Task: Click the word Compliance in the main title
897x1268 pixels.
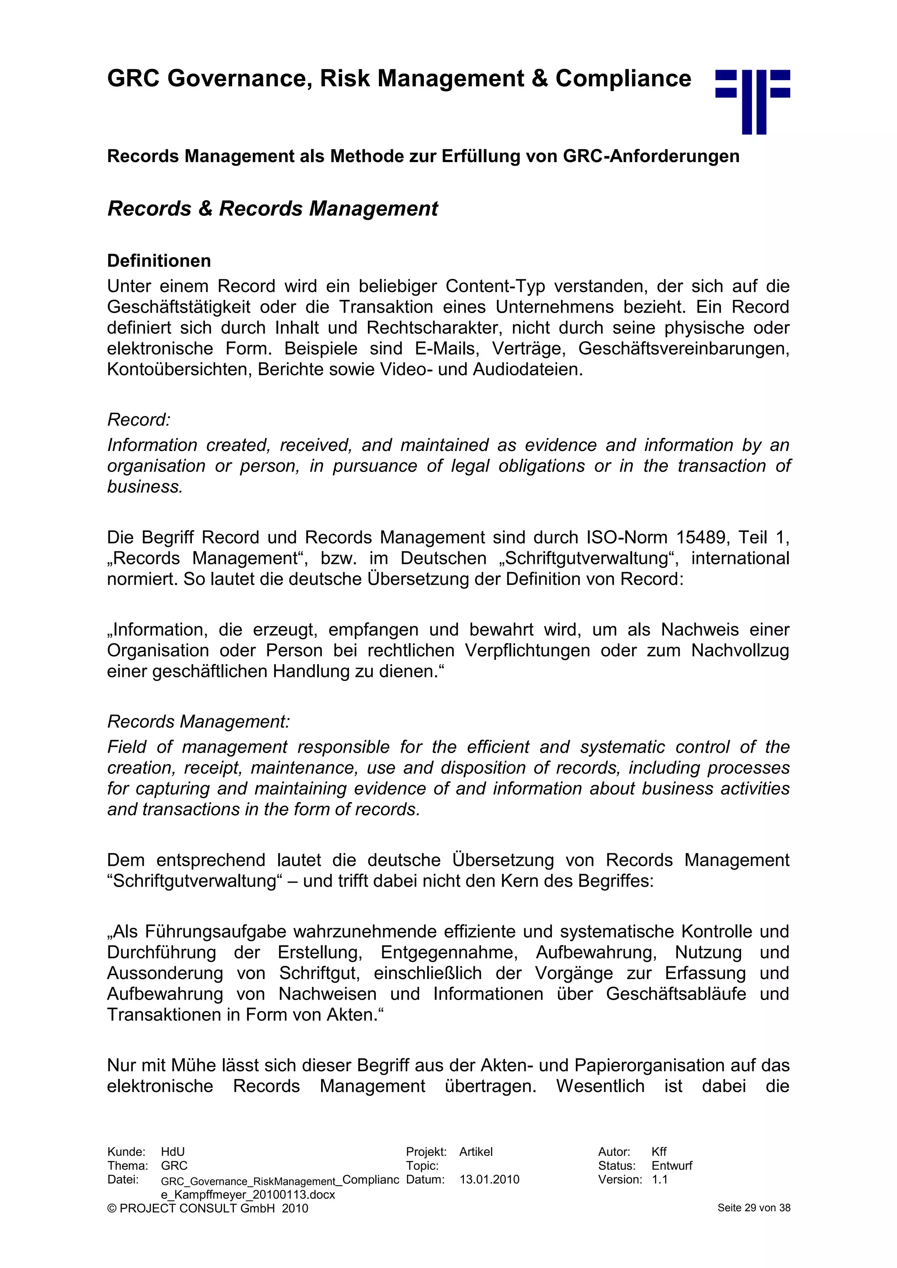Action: click(623, 78)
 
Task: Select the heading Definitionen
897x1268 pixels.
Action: click(159, 261)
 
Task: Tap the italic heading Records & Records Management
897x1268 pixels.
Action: click(272, 209)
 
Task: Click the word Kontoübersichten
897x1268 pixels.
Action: click(180, 369)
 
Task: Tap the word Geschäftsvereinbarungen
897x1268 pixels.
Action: click(683, 349)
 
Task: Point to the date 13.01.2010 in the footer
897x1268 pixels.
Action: click(489, 1180)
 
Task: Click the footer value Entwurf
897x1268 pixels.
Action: click(671, 1166)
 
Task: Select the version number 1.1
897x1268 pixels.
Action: click(660, 1180)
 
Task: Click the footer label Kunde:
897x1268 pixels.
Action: click(126, 1152)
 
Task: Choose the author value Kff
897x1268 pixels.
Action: click(659, 1152)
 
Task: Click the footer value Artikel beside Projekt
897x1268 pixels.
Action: click(476, 1152)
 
